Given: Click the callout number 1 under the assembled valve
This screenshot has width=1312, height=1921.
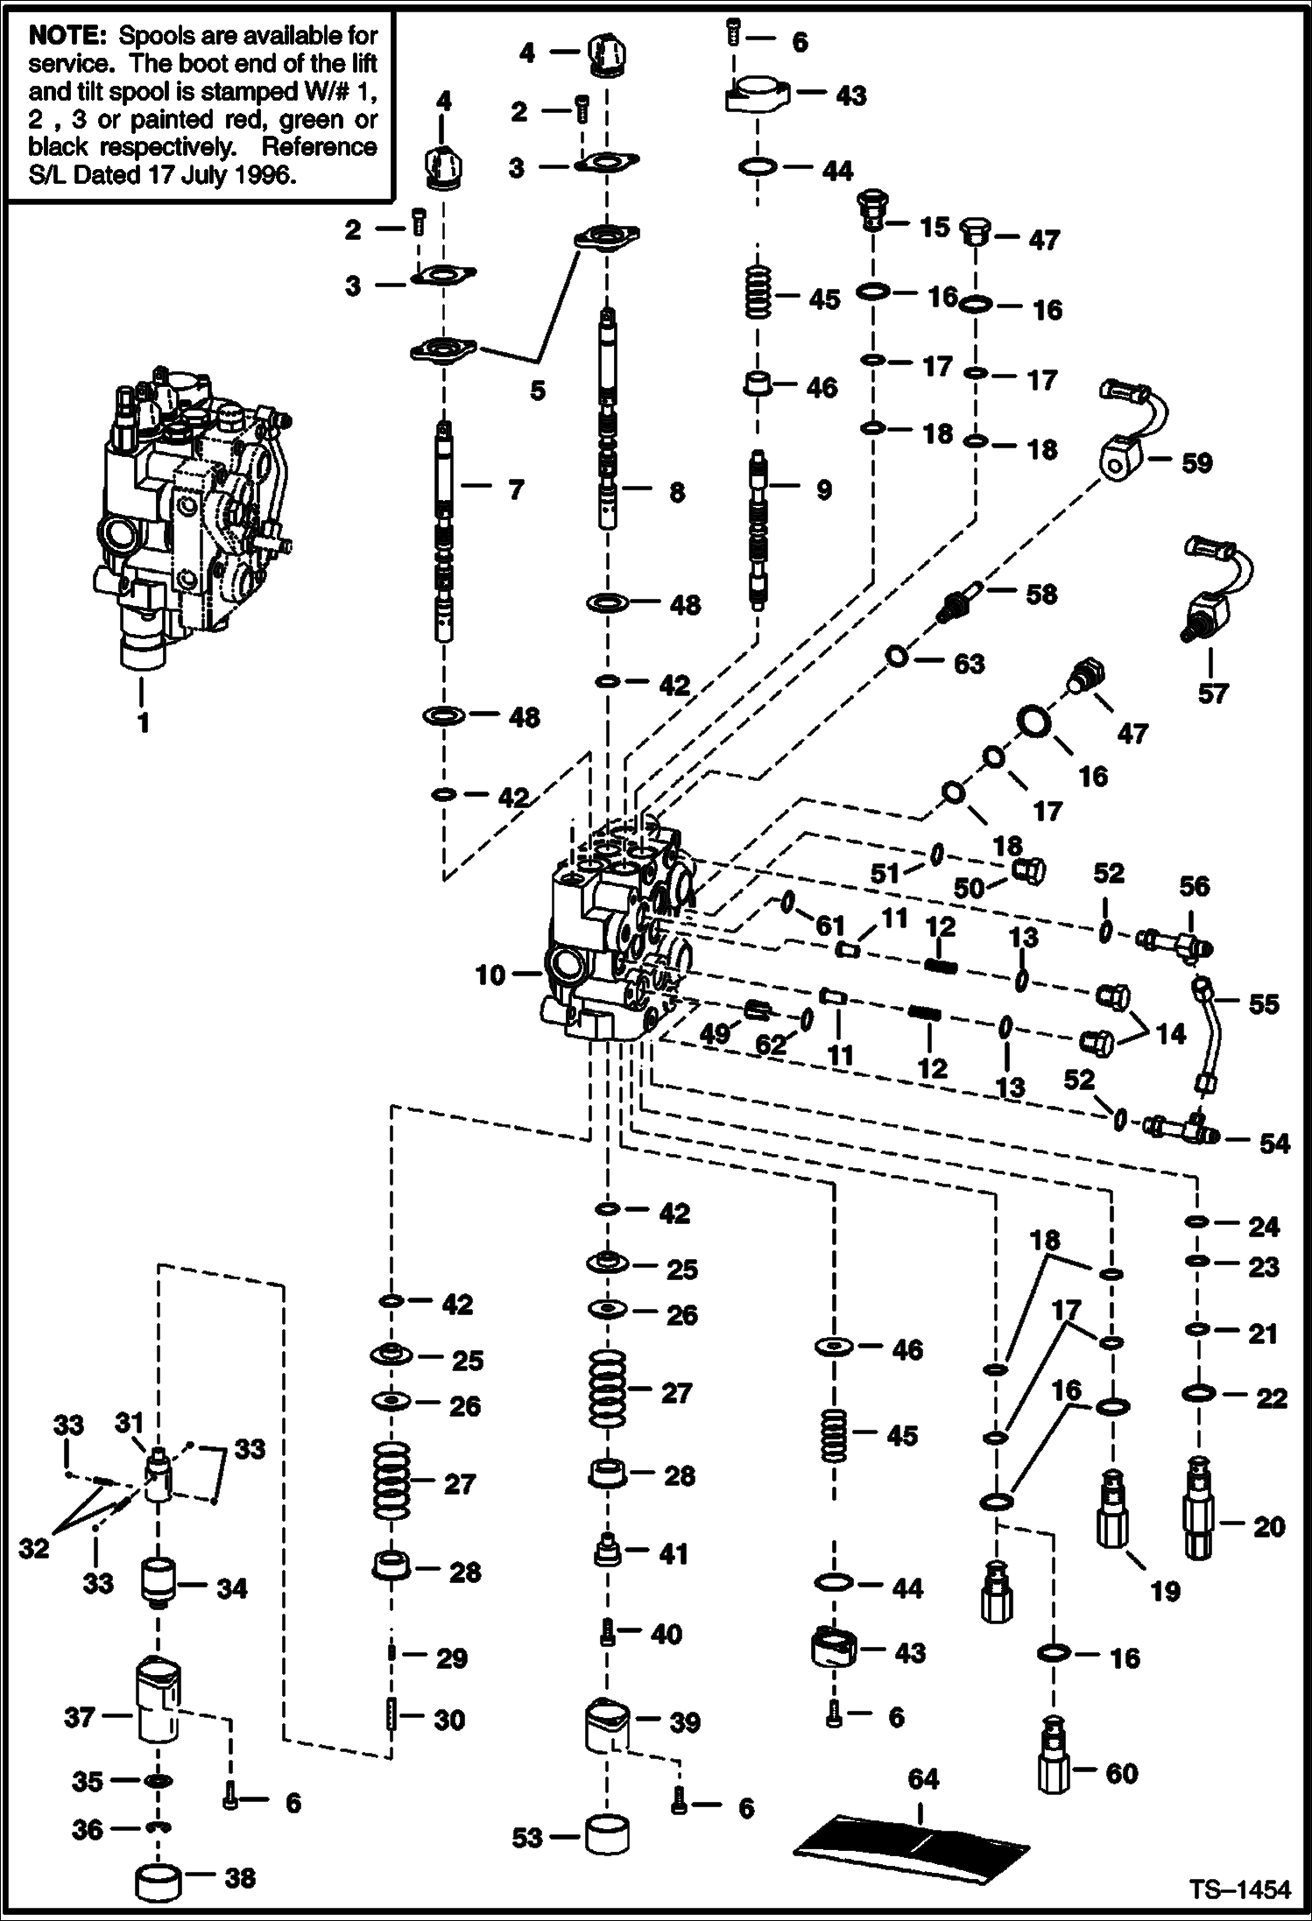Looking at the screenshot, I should tap(142, 723).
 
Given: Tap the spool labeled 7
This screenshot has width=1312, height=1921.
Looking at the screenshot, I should tap(445, 534).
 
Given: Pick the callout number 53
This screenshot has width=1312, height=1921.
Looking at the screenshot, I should tap(527, 1838).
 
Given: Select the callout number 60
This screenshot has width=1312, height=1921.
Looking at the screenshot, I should tap(1121, 1774).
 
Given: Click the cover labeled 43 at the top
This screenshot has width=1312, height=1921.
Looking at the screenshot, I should tap(756, 95).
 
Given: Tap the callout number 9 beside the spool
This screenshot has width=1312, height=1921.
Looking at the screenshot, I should tap(823, 490).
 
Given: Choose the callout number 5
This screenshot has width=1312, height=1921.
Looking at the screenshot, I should tap(538, 390).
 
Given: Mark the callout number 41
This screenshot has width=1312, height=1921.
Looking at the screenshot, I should tap(674, 1554).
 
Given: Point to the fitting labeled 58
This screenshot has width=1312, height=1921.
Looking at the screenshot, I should tap(957, 605).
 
